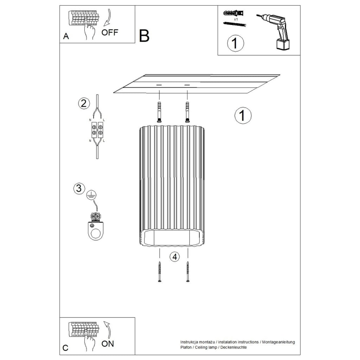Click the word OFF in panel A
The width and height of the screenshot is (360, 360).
coord(110,33)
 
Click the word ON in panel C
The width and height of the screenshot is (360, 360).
coord(108,344)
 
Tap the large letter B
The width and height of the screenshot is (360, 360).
coord(144,36)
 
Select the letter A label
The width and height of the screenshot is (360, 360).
coord(66,36)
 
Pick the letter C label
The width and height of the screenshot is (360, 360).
coord(65,348)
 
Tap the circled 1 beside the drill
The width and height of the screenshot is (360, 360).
coord(235,43)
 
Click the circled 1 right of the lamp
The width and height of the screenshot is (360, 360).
coord(243,115)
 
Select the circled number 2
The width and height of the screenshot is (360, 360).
coord(84,103)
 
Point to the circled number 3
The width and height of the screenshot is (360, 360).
coord(79,188)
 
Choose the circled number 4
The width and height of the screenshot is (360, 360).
coord(175,257)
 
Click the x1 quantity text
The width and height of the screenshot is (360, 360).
coord(236,19)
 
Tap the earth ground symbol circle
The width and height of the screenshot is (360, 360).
coord(91,195)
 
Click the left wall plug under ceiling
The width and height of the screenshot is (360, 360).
coord(159,112)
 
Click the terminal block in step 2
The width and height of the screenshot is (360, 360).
coord(97,130)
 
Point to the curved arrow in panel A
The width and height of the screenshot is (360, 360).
coord(108,17)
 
